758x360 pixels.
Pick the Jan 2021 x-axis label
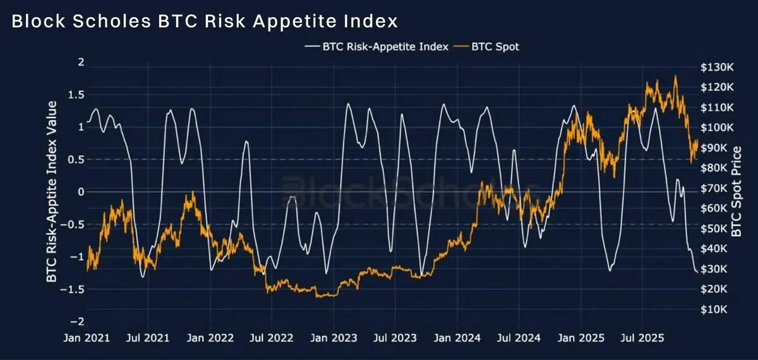pos(87,339)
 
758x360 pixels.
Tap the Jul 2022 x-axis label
pos(272,339)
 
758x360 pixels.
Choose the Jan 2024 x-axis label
pos(457,339)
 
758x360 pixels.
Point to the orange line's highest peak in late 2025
pos(675,76)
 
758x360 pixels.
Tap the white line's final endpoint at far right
pos(697,272)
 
